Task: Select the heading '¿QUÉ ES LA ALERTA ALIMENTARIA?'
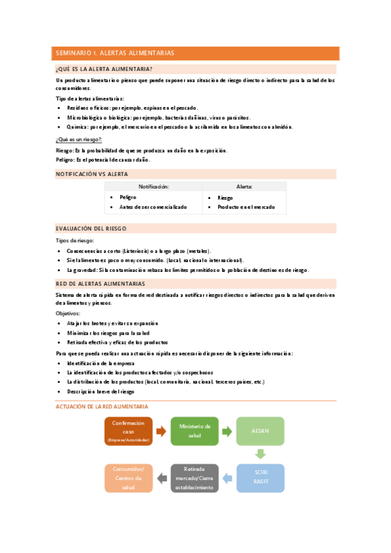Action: pyautogui.click(x=104, y=69)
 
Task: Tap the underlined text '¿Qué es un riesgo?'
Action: pyautogui.click(x=79, y=140)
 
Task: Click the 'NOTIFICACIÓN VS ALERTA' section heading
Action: pyautogui.click(x=91, y=174)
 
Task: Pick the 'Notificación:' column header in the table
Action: pyautogui.click(x=153, y=187)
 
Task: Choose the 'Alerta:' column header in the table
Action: pyautogui.click(x=244, y=187)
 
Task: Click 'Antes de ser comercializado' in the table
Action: pyautogui.click(x=153, y=207)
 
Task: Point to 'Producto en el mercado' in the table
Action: pyautogui.click(x=247, y=207)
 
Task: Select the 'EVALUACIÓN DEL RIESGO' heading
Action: pyautogui.click(x=91, y=229)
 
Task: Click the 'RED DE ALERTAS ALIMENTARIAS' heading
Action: pyautogui.click(x=101, y=284)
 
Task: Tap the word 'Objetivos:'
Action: pyautogui.click(x=68, y=313)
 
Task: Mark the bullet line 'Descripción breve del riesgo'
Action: pyautogui.click(x=101, y=391)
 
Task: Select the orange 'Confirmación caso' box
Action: pyautogui.click(x=128, y=431)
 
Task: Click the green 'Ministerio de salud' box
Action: pyautogui.click(x=195, y=431)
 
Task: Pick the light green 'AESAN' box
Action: pyautogui.click(x=260, y=431)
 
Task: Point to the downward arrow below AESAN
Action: pyautogui.click(x=260, y=454)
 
